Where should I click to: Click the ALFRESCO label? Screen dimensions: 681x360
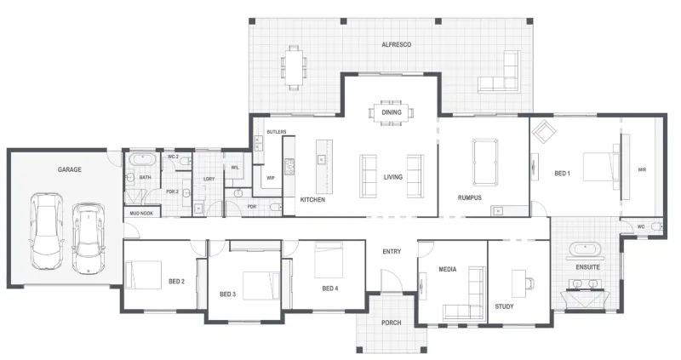pyautogui.click(x=396, y=44)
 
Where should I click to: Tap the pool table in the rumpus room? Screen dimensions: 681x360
pyautogui.click(x=485, y=162)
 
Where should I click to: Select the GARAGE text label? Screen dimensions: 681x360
pyautogui.click(x=70, y=169)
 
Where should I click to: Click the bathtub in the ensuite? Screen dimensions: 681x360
pyautogui.click(x=584, y=250)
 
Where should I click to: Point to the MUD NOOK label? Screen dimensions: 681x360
pyautogui.click(x=141, y=214)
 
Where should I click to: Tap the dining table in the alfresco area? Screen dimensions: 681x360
pyautogui.click(x=294, y=67)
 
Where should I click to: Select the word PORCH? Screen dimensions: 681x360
pyautogui.click(x=392, y=323)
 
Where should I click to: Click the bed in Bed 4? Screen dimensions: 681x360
pyautogui.click(x=329, y=260)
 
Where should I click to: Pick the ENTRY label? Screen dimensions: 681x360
pyautogui.click(x=392, y=251)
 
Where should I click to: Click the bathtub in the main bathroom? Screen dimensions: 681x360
pyautogui.click(x=142, y=159)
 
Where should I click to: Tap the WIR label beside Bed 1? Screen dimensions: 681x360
pyautogui.click(x=642, y=170)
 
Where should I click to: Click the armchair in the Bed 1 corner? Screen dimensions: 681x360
pyautogui.click(x=543, y=131)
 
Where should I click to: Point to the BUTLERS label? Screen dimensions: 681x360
pyautogui.click(x=277, y=132)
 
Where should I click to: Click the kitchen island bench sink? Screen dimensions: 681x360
pyautogui.click(x=322, y=160)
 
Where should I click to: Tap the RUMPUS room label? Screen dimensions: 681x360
pyautogui.click(x=470, y=197)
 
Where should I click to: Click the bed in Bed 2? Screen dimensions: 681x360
pyautogui.click(x=143, y=274)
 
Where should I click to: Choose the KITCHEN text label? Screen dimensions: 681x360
pyautogui.click(x=312, y=200)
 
